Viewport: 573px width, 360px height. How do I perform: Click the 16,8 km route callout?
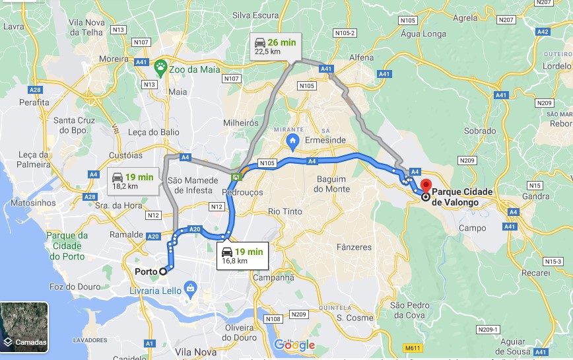(x=242, y=256)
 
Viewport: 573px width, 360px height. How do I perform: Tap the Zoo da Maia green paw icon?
(x=160, y=66)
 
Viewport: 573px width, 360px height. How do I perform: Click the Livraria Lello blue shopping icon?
(x=191, y=287)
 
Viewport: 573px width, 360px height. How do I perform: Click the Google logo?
(x=294, y=345)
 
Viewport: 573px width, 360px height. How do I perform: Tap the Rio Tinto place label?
(x=285, y=212)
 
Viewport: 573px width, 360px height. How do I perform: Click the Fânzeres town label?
(x=354, y=247)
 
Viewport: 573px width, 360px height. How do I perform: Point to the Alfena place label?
(x=361, y=57)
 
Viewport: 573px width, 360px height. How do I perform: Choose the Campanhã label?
(x=273, y=277)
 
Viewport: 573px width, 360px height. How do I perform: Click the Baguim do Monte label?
(x=332, y=184)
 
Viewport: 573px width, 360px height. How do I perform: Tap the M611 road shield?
(x=413, y=347)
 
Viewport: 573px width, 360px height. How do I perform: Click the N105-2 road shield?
(x=345, y=32)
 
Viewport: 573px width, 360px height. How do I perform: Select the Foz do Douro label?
(x=75, y=287)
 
